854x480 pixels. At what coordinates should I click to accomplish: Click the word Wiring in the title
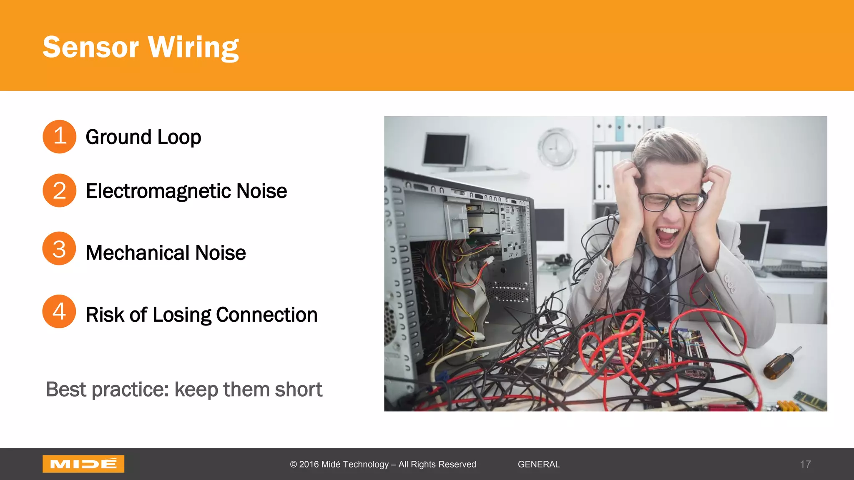(x=193, y=47)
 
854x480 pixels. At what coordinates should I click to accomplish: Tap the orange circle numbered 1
(x=59, y=137)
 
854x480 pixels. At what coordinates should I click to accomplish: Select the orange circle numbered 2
(x=59, y=190)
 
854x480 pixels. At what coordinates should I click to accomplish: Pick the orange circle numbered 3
(x=59, y=249)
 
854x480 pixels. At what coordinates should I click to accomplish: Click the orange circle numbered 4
(x=59, y=311)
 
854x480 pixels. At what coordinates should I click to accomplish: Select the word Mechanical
(x=138, y=253)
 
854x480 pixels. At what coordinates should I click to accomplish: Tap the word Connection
(x=267, y=315)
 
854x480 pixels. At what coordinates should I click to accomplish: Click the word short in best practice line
(x=298, y=390)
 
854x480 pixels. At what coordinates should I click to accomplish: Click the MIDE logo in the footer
(x=83, y=464)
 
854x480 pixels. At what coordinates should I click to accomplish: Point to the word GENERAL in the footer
(x=539, y=464)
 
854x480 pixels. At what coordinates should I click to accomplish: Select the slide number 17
(x=805, y=464)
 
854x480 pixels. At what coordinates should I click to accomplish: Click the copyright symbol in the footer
(x=294, y=465)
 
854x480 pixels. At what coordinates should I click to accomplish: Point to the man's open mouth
(x=668, y=236)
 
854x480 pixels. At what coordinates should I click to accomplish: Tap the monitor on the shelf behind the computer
(x=445, y=151)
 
